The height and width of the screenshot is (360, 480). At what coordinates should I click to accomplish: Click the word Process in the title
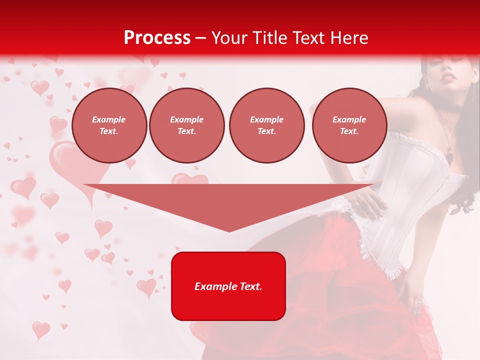click(157, 38)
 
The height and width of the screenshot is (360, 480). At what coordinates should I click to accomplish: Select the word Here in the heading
click(348, 38)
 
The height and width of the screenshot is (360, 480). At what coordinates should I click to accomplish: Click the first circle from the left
click(109, 125)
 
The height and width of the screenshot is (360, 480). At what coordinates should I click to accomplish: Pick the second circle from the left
click(187, 125)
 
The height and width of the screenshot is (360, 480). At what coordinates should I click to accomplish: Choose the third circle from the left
click(267, 125)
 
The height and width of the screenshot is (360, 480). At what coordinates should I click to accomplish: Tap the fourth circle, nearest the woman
click(349, 125)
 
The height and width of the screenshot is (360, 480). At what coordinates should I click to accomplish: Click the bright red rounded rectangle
click(228, 286)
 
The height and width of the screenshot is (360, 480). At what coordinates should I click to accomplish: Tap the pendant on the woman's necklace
click(450, 157)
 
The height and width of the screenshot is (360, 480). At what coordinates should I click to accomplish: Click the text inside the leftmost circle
click(109, 125)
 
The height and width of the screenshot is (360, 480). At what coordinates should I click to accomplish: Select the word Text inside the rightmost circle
click(349, 131)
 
